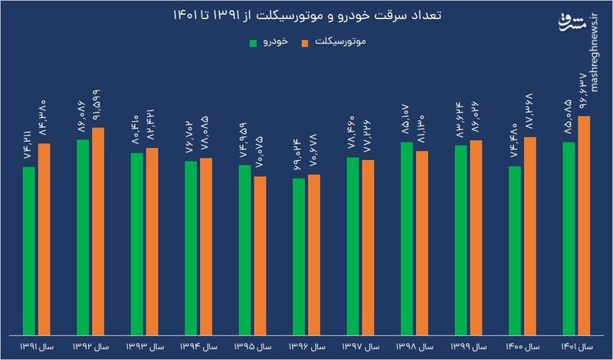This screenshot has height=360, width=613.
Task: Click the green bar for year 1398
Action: [x=407, y=237]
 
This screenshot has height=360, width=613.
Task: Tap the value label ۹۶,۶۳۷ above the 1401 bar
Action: [x=584, y=92]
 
